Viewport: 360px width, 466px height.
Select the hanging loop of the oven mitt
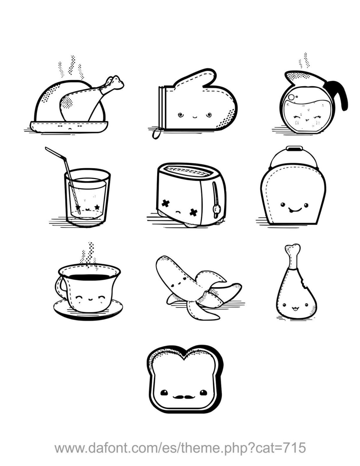click(x=156, y=133)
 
